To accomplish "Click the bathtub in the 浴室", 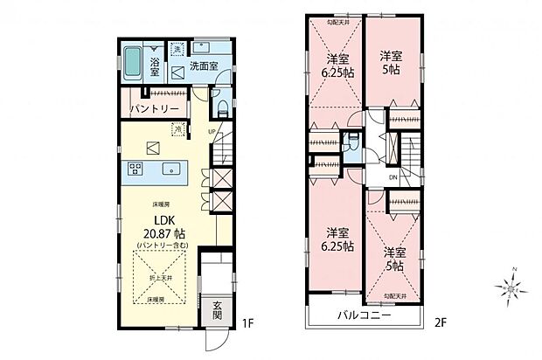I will [x=133, y=63].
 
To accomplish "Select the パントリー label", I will [x=155, y=109].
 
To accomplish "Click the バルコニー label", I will [x=361, y=315].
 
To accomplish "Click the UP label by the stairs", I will [x=212, y=132].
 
